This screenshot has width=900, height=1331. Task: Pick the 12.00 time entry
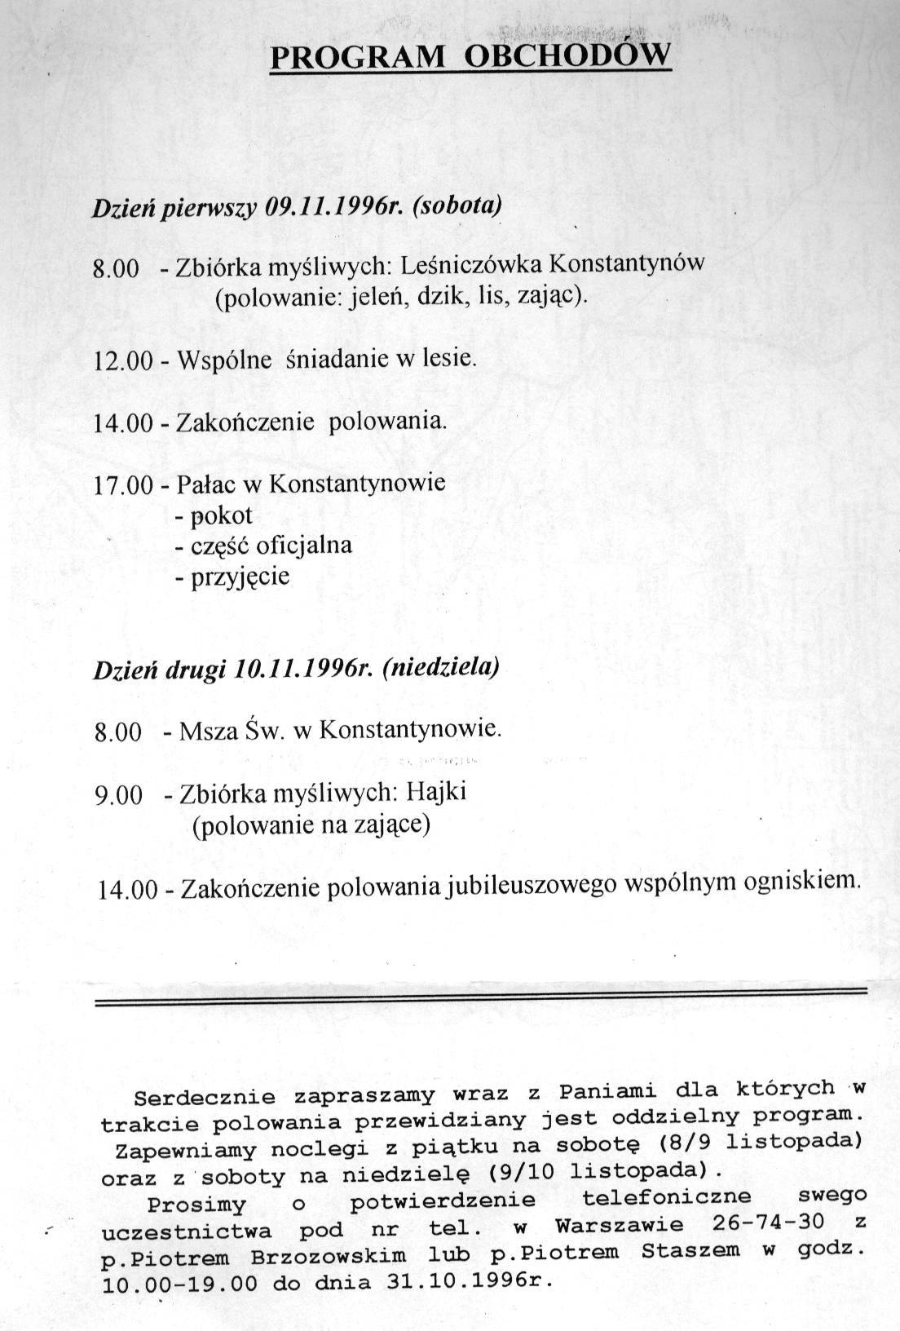(123, 360)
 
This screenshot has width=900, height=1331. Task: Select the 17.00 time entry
(123, 485)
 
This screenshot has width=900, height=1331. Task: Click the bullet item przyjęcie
(240, 577)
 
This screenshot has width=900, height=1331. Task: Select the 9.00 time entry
(118, 795)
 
